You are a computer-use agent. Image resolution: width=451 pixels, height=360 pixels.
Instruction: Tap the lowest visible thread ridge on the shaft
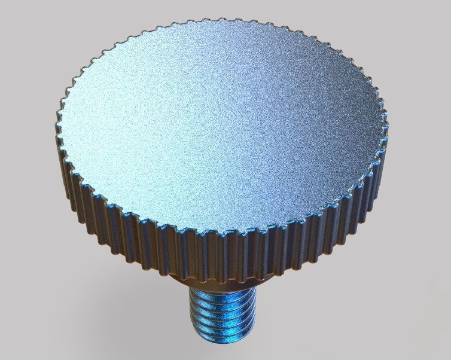[x=223, y=340]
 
